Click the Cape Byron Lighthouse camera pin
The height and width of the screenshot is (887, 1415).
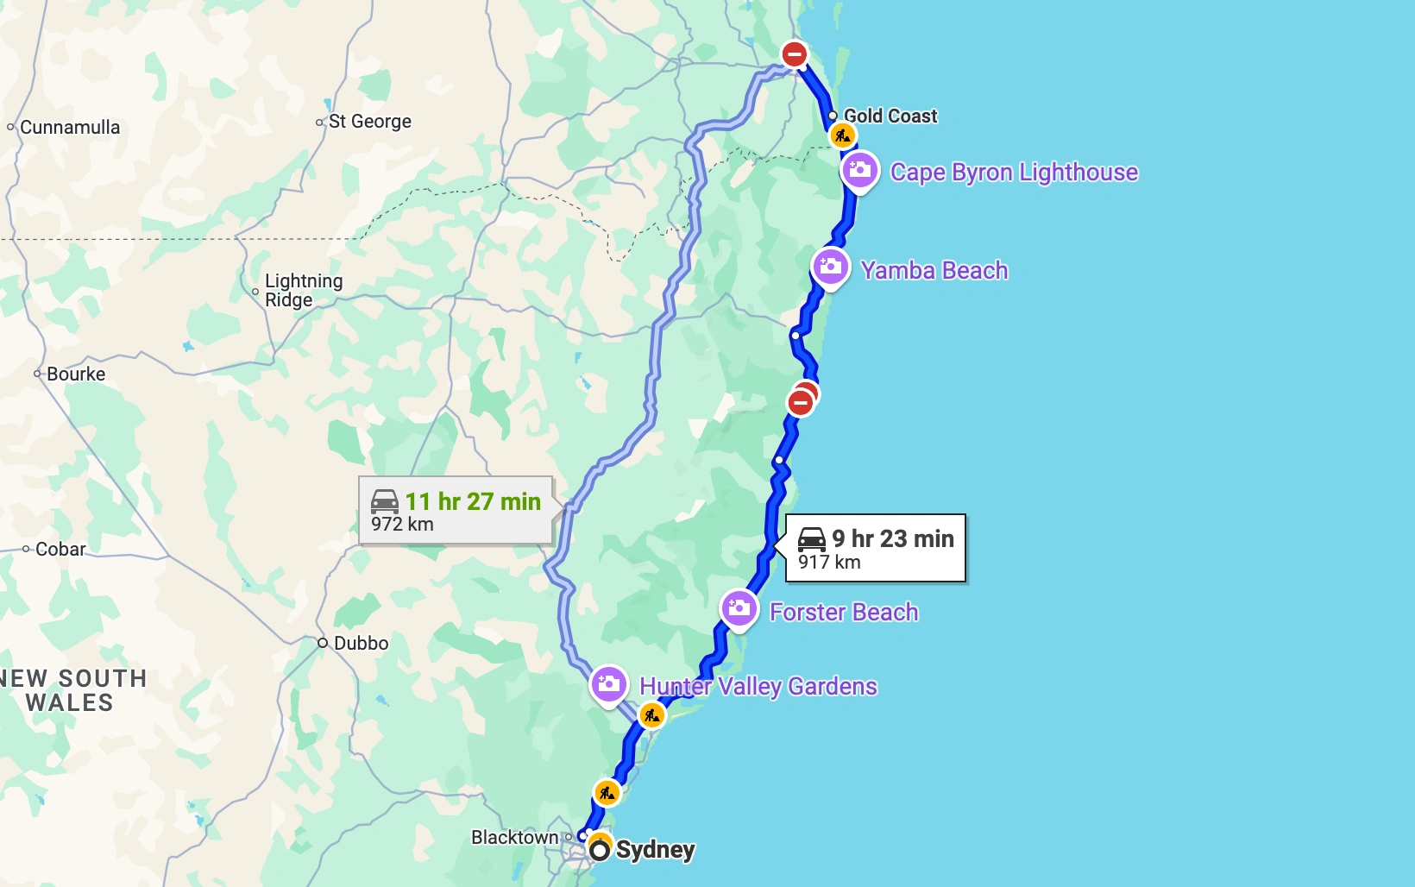[x=859, y=171]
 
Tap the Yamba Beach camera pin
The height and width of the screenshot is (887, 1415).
[x=830, y=267]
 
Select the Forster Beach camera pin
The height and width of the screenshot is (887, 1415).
[x=739, y=609]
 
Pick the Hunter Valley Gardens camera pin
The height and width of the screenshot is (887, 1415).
[x=608, y=685]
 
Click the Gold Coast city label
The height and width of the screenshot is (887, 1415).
[x=890, y=116]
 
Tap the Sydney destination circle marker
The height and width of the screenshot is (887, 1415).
[x=600, y=851]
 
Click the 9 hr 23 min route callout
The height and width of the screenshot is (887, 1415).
[x=875, y=549]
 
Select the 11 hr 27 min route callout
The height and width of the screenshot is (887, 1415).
[x=456, y=511]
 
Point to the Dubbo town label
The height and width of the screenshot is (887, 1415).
[x=361, y=643]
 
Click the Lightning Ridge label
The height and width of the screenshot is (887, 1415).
[x=303, y=290]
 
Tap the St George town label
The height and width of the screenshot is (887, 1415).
[x=369, y=122]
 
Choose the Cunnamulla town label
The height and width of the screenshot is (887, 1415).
[x=69, y=128]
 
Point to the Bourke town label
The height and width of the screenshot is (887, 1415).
[x=76, y=374]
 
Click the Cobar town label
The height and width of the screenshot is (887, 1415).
[x=60, y=550]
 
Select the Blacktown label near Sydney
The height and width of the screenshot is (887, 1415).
[x=514, y=837]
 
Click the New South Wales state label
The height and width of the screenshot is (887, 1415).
[x=72, y=690]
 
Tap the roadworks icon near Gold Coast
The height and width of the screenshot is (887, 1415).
[x=842, y=136]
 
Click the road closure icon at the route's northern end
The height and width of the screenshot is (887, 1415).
[x=794, y=54]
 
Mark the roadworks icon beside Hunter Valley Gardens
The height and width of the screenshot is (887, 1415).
[x=651, y=715]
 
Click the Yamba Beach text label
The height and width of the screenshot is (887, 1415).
[x=934, y=271]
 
